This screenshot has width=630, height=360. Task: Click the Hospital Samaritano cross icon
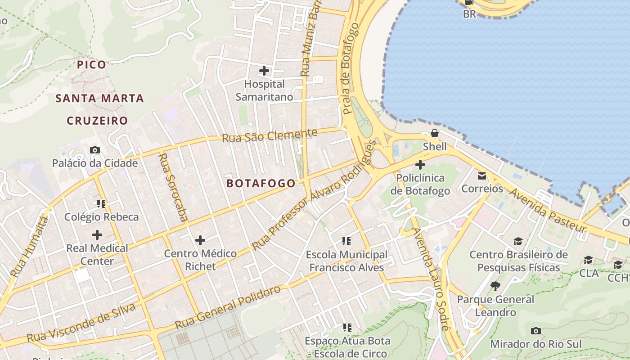tap(264, 71)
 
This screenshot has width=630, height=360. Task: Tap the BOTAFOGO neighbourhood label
tap(261, 183)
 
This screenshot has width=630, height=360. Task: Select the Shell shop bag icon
tap(435, 133)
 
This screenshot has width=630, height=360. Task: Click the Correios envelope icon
tap(482, 175)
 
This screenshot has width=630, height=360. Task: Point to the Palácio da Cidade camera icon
tap(95, 150)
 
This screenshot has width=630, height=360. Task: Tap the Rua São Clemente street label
tap(270, 135)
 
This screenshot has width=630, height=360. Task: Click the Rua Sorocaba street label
tap(173, 187)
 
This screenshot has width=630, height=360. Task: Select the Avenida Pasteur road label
tap(548, 210)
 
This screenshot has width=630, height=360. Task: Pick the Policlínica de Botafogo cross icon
tap(420, 165)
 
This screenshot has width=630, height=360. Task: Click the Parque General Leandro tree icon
tap(495, 286)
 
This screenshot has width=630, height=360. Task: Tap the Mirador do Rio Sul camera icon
tap(535, 331)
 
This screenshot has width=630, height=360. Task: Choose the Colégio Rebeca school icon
tap(101, 204)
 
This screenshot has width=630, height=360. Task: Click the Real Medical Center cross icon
tap(97, 234)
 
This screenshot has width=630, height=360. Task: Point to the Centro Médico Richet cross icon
tap(200, 240)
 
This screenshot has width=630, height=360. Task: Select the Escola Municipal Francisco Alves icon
tap(346, 241)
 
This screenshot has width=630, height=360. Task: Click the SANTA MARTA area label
tap(99, 98)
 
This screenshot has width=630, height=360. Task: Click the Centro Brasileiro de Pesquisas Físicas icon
tap(518, 242)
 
